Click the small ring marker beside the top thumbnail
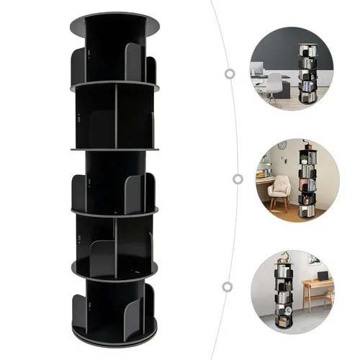[230, 73]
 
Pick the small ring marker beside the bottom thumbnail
[228, 287]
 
